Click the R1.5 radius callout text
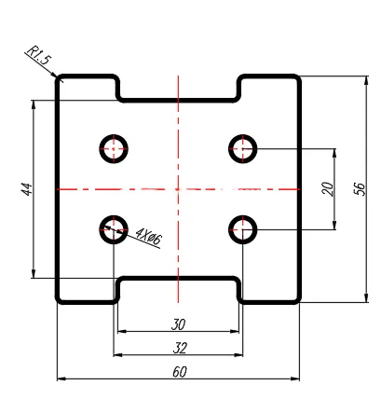[39, 55]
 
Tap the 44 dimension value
[27, 189]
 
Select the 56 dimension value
[360, 189]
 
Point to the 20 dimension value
[328, 189]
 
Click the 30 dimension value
[178, 324]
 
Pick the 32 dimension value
[180, 348]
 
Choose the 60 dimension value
[180, 372]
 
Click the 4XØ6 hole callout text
[149, 236]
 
